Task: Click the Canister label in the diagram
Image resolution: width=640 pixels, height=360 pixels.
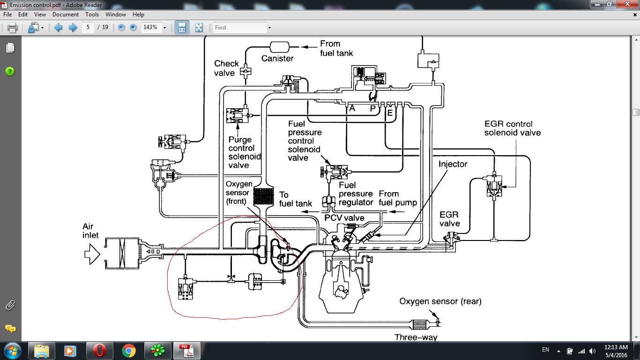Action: [277, 59]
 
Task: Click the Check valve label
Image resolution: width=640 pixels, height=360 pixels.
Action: [226, 67]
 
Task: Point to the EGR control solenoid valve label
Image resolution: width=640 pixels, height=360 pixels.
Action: [513, 128]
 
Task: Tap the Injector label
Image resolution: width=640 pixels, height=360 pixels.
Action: [453, 164]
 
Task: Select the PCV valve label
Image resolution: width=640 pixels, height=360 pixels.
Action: [344, 218]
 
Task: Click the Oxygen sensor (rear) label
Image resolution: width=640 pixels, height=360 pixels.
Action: [440, 301]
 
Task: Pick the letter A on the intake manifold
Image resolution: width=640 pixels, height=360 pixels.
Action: [352, 108]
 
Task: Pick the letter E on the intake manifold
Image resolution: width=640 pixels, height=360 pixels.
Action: [390, 112]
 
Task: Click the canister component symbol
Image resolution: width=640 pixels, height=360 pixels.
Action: [280, 47]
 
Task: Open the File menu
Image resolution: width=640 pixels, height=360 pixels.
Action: [8, 15]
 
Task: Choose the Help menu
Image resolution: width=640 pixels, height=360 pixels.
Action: [138, 15]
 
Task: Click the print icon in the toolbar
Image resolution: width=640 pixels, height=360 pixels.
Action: [12, 28]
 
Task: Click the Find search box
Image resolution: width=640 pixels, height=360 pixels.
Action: [239, 28]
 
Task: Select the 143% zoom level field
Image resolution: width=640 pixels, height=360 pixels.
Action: [151, 28]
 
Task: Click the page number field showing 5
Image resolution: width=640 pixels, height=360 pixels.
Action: [88, 28]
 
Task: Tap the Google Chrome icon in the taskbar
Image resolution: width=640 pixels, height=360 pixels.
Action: [128, 350]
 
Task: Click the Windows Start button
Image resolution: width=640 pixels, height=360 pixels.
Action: [11, 350]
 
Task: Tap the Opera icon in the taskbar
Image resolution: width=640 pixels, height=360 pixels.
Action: [99, 350]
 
